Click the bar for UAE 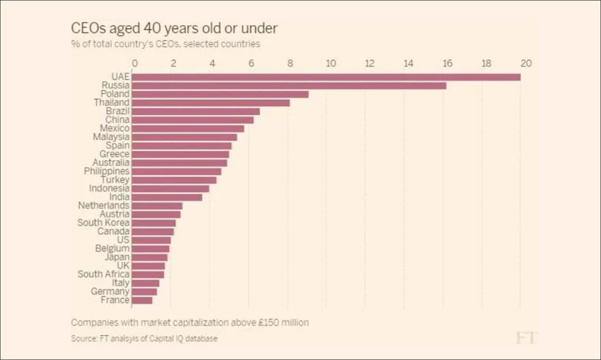tap(327, 77)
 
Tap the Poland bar tap(220, 94)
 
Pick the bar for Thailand tap(211, 102)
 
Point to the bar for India tap(167, 197)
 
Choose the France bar tap(142, 300)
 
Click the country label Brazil tap(117, 111)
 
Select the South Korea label tap(103, 223)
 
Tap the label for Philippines tap(106, 171)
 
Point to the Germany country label tap(110, 291)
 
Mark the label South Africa tap(103, 274)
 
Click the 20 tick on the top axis tap(525, 63)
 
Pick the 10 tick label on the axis tap(330, 63)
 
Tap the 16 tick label tap(447, 63)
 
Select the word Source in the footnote tap(83, 338)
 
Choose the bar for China tap(193, 120)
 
